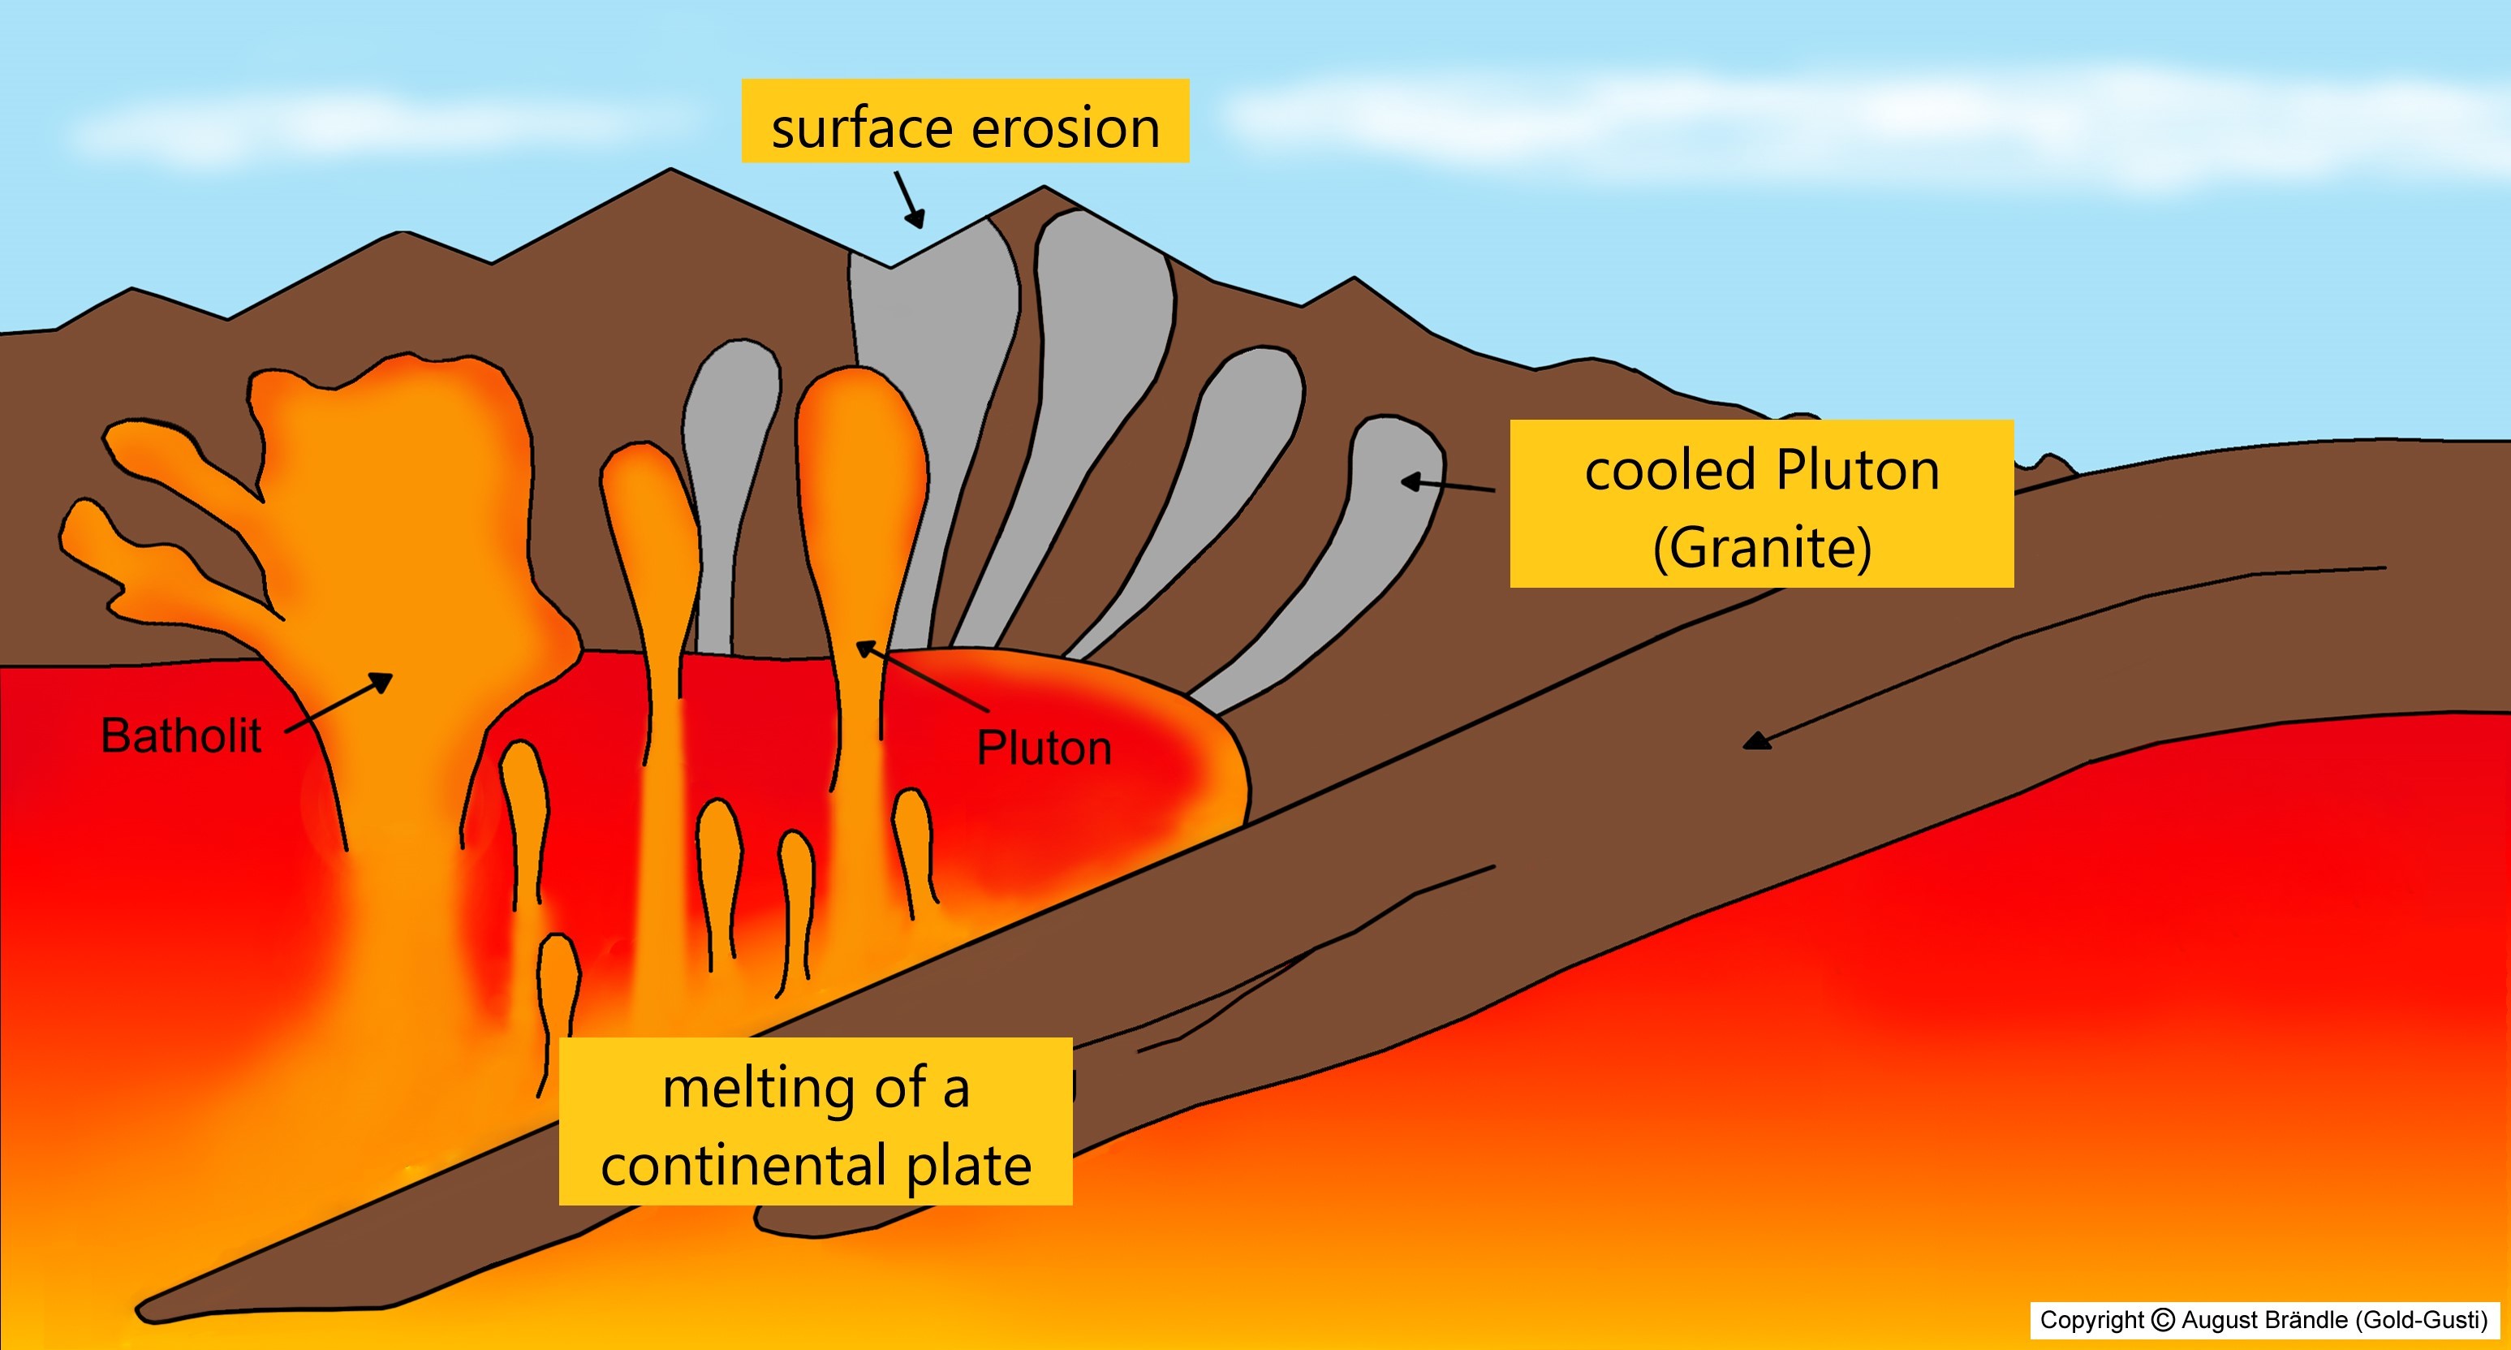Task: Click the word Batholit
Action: click(x=181, y=736)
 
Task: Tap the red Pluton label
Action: click(x=1044, y=748)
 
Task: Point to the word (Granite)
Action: click(x=1763, y=548)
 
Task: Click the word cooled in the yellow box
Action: click(x=1671, y=471)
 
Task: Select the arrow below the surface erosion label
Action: click(x=910, y=200)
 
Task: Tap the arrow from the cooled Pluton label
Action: click(x=1448, y=485)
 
